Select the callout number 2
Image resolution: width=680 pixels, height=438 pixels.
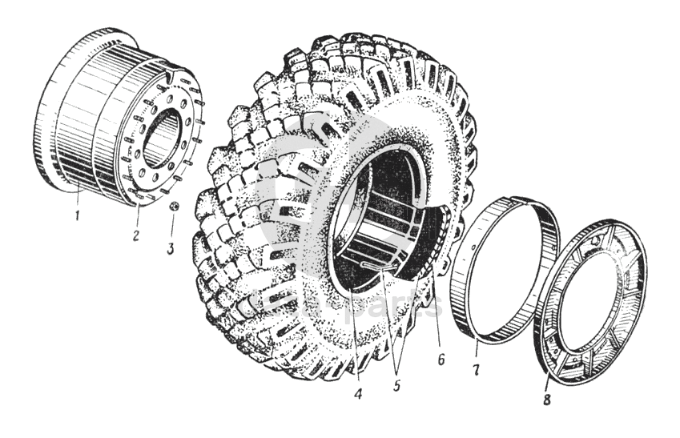tap(136, 238)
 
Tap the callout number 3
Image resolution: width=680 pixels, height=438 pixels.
tap(170, 248)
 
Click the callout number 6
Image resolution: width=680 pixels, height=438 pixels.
tap(440, 360)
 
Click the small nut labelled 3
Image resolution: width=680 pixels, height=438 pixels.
tap(171, 206)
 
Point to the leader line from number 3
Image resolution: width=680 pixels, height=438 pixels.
tap(171, 228)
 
